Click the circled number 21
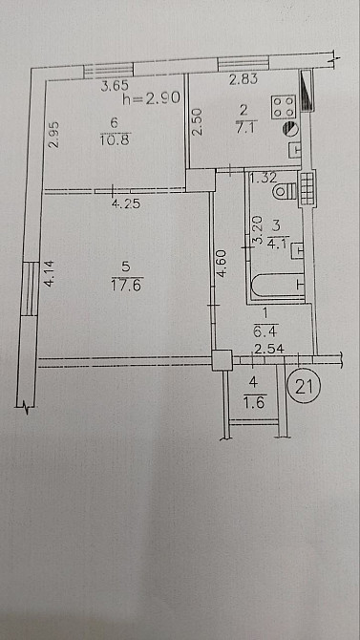click(x=304, y=387)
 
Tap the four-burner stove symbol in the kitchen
click(x=284, y=107)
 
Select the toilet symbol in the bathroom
click(x=285, y=191)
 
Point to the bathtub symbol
click(x=278, y=285)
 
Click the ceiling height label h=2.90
click(x=151, y=98)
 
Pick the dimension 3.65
click(x=116, y=86)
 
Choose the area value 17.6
click(x=126, y=286)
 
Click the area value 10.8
click(x=115, y=140)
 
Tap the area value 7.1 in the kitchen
click(x=244, y=129)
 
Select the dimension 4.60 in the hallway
click(x=222, y=264)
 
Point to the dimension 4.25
click(x=126, y=203)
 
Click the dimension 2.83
click(x=244, y=79)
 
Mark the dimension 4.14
click(x=50, y=273)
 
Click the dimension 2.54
click(x=269, y=349)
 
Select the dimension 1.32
click(x=264, y=178)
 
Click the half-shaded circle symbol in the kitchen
click(x=291, y=129)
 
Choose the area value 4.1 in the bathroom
click(x=278, y=245)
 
